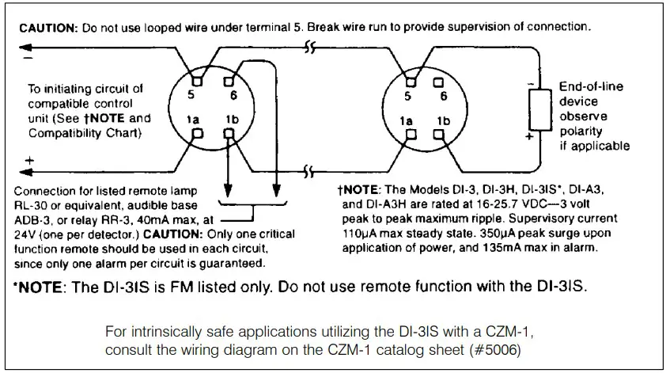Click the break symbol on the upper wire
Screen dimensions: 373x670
pos(310,48)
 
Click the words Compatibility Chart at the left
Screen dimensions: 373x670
pos(85,133)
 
